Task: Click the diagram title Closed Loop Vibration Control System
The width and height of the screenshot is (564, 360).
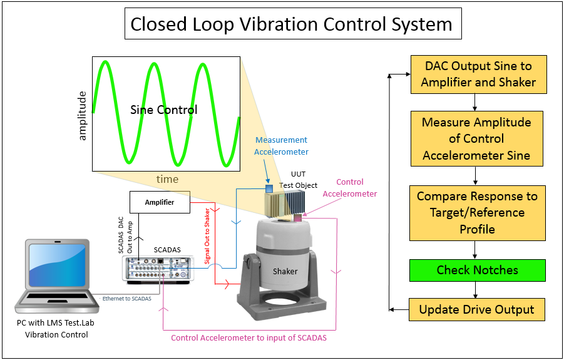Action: pyautogui.click(x=291, y=24)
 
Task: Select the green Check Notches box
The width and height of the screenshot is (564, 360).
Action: pyautogui.click(x=478, y=270)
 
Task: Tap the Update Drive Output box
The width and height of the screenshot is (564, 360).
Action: pyautogui.click(x=477, y=309)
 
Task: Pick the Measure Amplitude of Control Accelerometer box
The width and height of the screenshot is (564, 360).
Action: pyautogui.click(x=477, y=138)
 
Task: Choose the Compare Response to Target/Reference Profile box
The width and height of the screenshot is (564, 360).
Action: pyautogui.click(x=477, y=213)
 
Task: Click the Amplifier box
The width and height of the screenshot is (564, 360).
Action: pyautogui.click(x=160, y=202)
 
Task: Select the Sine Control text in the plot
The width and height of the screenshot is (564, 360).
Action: pyautogui.click(x=164, y=110)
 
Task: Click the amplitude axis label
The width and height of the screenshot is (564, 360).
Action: pyautogui.click(x=82, y=115)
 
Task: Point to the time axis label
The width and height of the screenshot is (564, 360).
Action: pyautogui.click(x=167, y=179)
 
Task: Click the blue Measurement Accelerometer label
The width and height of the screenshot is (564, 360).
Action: pyautogui.click(x=282, y=146)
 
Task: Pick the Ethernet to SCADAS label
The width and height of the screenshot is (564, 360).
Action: pyautogui.click(x=127, y=299)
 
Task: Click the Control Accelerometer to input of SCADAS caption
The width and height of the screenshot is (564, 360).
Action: pyautogui.click(x=249, y=338)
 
